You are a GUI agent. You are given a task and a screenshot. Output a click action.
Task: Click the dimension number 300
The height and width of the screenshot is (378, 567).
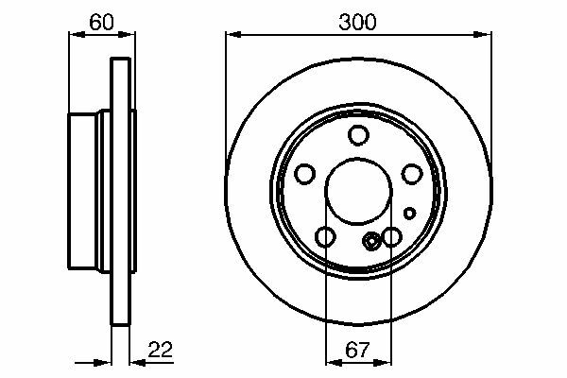pyautogui.click(x=357, y=23)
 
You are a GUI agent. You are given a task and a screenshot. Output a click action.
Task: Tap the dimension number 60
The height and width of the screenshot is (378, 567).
pyautogui.click(x=102, y=23)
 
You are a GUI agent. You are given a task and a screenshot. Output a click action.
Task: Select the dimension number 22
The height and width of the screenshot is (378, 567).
pyautogui.click(x=161, y=350)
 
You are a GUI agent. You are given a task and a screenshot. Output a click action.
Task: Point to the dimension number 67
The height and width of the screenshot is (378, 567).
pyautogui.click(x=357, y=350)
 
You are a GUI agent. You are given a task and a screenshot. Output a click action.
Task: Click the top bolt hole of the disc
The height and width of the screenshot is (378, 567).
pyautogui.click(x=358, y=135)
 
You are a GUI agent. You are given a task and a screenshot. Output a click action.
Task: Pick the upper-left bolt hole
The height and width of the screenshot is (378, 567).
pyautogui.click(x=304, y=174)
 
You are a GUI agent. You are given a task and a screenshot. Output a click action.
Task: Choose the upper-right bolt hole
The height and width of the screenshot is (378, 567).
pyautogui.click(x=412, y=174)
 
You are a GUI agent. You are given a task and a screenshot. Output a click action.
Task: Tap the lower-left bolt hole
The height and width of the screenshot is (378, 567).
pyautogui.click(x=325, y=237)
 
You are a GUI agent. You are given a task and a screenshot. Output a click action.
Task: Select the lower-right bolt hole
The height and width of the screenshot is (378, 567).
pyautogui.click(x=391, y=237)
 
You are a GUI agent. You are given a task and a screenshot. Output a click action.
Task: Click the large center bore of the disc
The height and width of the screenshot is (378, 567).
pyautogui.click(x=358, y=191)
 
